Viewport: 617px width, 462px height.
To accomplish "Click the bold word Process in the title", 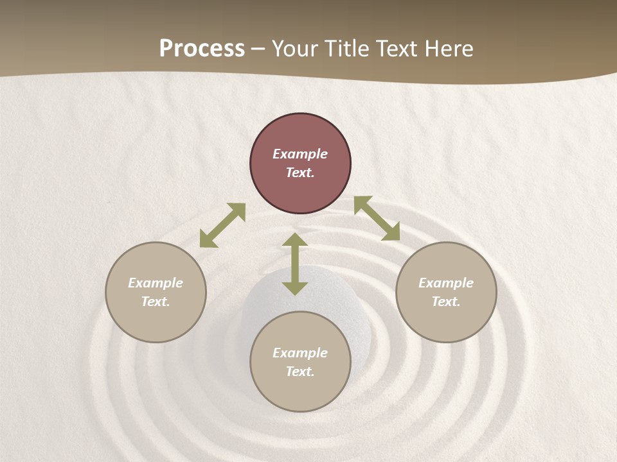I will [x=202, y=49].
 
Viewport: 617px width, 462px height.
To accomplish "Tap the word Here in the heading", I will [x=448, y=49].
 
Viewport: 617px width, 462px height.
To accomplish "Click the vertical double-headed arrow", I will [x=295, y=264].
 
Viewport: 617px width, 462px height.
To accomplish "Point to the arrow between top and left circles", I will [x=222, y=225].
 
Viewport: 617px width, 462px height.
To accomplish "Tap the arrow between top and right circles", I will [x=377, y=218].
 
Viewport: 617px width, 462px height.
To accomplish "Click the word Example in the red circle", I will [x=300, y=154].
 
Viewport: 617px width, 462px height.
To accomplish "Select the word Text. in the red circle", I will [x=300, y=173].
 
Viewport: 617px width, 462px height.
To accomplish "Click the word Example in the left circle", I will [x=156, y=283].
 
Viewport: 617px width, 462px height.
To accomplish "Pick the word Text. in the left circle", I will [x=156, y=302].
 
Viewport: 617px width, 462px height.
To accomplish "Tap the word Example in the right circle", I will [x=446, y=283].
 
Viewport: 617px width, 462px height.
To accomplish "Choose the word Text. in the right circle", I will [x=446, y=302].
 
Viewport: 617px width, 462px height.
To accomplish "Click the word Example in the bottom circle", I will [x=300, y=353].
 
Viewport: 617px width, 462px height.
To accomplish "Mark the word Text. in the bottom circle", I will [x=300, y=372].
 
